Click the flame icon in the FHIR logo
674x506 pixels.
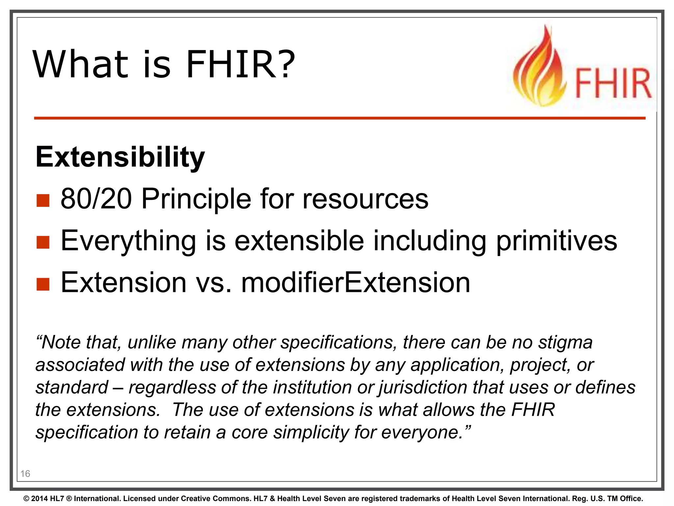point(540,69)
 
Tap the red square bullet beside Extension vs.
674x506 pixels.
point(43,284)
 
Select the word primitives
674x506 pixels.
point(557,241)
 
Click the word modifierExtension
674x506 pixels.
point(355,283)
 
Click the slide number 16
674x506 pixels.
point(25,474)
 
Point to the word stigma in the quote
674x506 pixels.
point(565,343)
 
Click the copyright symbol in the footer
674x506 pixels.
point(26,499)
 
